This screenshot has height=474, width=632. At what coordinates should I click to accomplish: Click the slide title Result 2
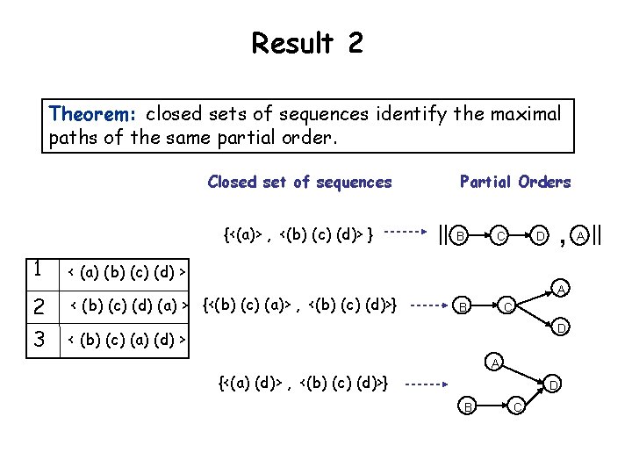306,42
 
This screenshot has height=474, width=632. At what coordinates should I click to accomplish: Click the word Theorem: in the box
94,114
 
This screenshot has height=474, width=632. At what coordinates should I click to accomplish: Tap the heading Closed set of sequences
299,182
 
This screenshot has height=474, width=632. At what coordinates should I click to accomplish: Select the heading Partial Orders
515,182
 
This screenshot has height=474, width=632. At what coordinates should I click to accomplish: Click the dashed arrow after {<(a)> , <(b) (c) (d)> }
404,233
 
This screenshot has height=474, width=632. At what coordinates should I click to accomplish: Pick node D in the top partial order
541,236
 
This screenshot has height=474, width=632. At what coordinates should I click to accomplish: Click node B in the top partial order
459,236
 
